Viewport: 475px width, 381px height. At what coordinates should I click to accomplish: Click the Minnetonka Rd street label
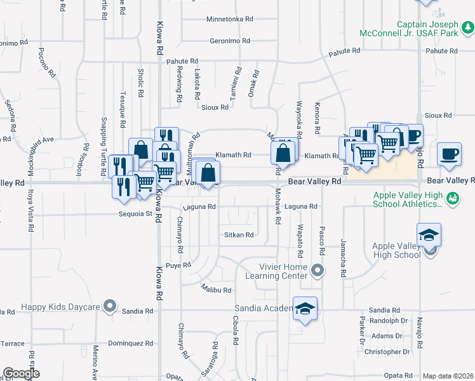tap(230, 20)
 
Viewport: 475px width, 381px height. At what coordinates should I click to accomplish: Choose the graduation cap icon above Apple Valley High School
tap(429, 235)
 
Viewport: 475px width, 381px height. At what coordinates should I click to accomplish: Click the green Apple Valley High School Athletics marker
tap(453, 199)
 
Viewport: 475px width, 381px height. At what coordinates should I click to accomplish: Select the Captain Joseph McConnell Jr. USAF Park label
tap(435, 29)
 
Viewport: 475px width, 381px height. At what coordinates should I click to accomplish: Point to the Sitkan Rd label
tap(239, 235)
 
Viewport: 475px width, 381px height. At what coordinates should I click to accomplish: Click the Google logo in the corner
tap(22, 373)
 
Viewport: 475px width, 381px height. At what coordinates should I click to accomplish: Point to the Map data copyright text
tap(448, 376)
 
